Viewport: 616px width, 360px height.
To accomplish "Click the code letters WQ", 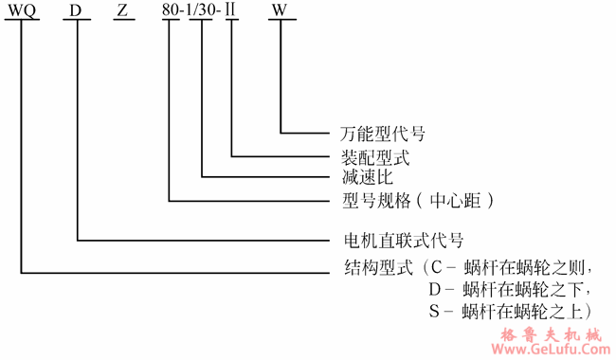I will click(x=22, y=10).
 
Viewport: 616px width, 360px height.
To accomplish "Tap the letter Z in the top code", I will click(x=121, y=10).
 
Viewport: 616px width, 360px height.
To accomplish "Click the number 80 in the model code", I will click(x=171, y=10).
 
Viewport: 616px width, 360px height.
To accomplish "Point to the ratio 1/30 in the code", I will click(x=202, y=10).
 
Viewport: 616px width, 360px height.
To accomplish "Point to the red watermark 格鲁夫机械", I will click(x=555, y=334).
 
